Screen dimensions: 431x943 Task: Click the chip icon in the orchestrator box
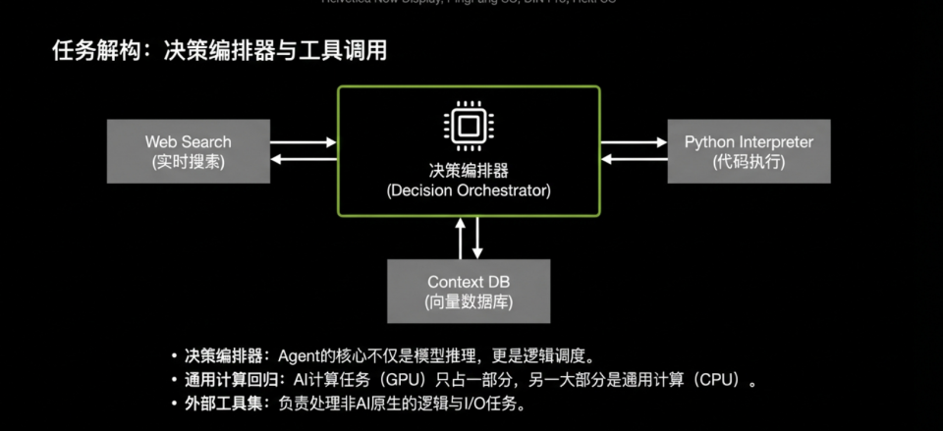click(x=468, y=126)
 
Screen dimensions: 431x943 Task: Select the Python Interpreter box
click(x=749, y=151)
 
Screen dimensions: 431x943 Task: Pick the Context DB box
click(x=468, y=291)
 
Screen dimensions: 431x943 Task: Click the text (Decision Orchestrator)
click(x=469, y=189)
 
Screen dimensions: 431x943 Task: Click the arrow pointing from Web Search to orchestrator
click(x=304, y=142)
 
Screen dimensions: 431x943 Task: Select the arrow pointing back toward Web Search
click(x=304, y=160)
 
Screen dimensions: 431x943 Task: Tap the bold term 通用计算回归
click(x=225, y=379)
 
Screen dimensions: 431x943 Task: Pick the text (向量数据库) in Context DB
click(x=468, y=300)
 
